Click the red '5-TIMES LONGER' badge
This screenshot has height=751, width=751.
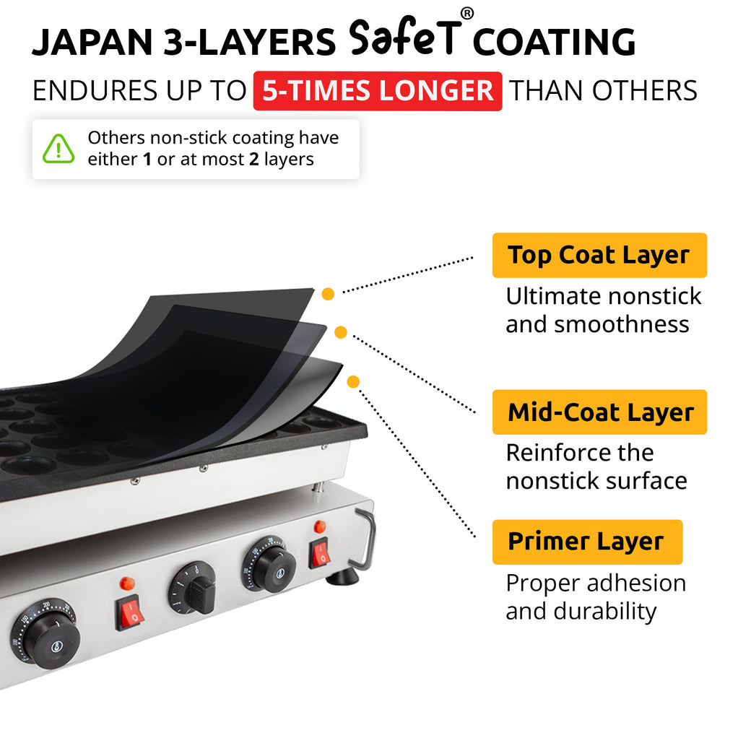tap(377, 91)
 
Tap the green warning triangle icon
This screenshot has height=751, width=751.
tap(58, 149)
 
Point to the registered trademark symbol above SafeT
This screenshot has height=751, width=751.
tap(467, 14)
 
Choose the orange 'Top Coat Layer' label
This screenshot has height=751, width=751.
tap(599, 255)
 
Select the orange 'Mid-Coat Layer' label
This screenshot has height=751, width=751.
tap(599, 412)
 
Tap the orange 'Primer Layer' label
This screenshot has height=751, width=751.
tap(586, 542)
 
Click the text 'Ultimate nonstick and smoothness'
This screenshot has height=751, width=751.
tap(603, 310)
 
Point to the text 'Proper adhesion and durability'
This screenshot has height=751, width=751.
tap(595, 596)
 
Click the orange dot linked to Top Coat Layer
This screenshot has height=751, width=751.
tap(328, 294)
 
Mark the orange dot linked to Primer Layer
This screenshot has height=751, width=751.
tap(353, 381)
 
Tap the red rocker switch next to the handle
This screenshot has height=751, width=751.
tap(320, 552)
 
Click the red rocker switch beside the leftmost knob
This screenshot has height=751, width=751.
tap(131, 612)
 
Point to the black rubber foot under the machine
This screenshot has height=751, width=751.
tap(342, 577)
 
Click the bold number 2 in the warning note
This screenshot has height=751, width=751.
tap(253, 160)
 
